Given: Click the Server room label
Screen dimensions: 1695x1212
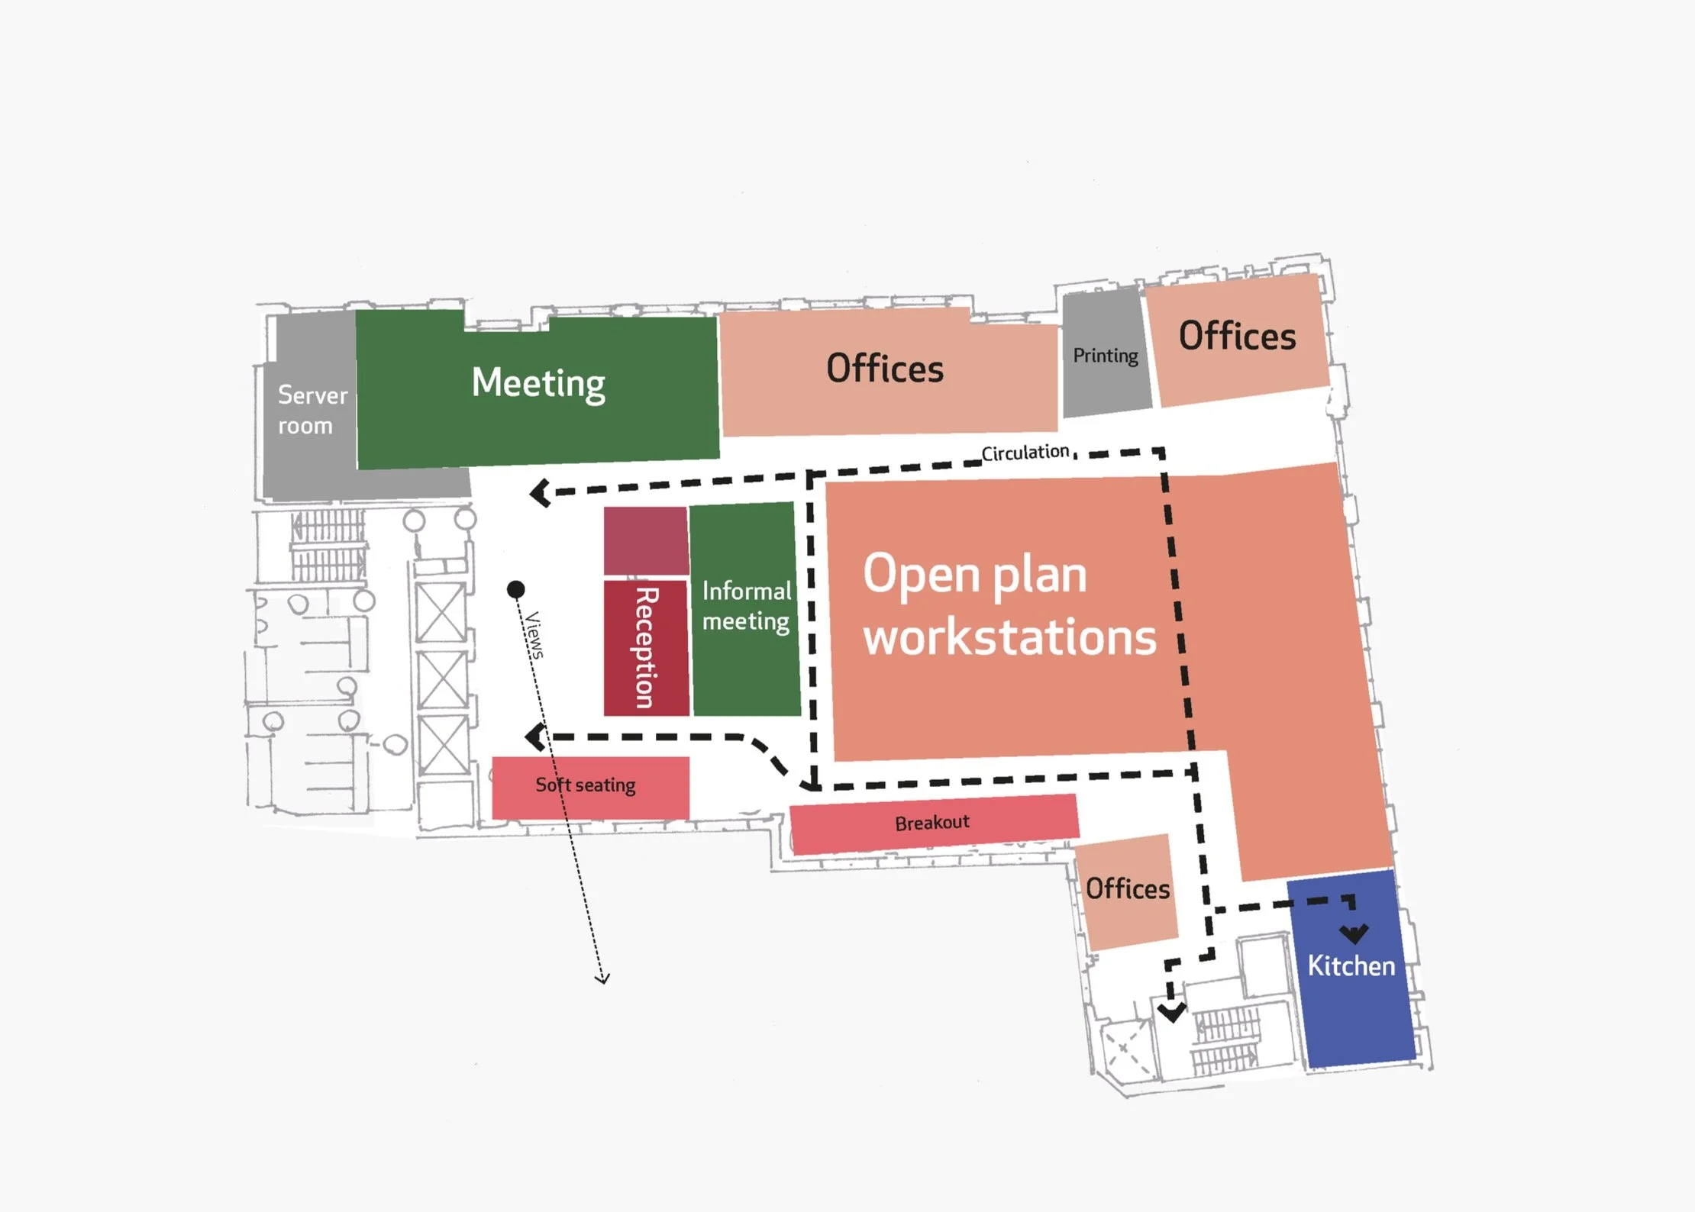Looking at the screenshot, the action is [312, 410].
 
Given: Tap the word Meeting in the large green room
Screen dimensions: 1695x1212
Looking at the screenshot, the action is [538, 382].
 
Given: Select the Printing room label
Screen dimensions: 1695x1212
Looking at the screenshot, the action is [1105, 356].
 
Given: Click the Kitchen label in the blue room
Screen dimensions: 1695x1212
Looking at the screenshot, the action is [1351, 966].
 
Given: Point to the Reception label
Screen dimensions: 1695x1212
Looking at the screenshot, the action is [646, 647].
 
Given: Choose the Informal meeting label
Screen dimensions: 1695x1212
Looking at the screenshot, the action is [746, 606].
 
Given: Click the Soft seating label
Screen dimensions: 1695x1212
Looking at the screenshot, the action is [585, 785].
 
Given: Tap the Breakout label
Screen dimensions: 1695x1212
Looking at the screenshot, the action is [932, 823].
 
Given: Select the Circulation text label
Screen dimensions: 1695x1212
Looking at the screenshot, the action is [1025, 453].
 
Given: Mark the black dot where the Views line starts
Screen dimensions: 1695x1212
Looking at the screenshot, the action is [516, 589].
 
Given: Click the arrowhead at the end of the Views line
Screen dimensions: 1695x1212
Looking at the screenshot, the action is [602, 978].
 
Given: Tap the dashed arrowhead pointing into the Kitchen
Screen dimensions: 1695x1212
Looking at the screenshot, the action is [1354, 933].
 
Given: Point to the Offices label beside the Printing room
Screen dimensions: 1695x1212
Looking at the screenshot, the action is [1237, 336].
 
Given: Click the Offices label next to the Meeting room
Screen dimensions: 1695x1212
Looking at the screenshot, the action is [885, 369].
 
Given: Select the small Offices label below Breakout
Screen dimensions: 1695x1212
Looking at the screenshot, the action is [1128, 889].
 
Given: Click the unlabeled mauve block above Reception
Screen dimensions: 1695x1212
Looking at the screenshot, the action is [645, 540].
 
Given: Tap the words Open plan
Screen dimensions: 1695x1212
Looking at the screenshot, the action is [975, 574].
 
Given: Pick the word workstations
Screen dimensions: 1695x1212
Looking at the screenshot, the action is [1009, 638].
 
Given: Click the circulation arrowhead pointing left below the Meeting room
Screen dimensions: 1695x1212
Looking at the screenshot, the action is [540, 492].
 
